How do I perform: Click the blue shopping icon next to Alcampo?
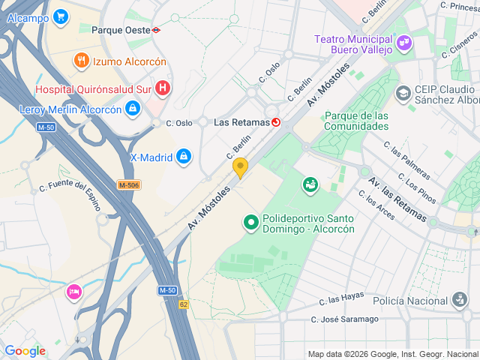61,16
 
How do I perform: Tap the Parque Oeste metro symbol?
156,31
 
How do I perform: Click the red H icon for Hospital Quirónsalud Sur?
163,88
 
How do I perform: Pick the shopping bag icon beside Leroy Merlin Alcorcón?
133,109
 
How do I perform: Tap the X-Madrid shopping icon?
182,157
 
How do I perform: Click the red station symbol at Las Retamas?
276,122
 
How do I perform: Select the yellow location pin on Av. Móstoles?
240,166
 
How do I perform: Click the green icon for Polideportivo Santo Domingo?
250,223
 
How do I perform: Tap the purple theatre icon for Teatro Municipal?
404,43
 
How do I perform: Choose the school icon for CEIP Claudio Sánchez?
403,93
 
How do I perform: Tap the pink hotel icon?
73,291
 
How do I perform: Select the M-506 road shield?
130,184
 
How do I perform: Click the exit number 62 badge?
184,304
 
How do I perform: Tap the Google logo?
25,351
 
